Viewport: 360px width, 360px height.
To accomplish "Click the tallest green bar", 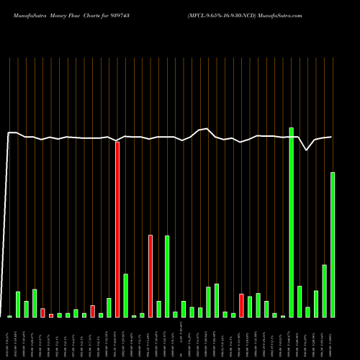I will tap(291, 222).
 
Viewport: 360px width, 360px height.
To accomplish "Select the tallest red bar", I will tap(117, 230).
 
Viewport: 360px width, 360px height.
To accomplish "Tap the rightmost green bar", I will tap(333, 245).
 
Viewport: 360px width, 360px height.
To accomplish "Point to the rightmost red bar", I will tap(241, 305).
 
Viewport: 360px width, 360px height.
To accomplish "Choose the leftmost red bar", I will tap(42, 312).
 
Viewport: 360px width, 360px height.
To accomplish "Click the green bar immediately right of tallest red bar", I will tap(125, 295).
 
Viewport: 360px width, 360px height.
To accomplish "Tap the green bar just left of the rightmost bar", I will tap(324, 291).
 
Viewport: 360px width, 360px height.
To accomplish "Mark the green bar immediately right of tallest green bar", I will tap(300, 302).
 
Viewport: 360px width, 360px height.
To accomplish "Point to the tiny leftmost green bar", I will tap(9, 316).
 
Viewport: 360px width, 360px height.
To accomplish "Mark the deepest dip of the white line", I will tap(307, 150).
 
